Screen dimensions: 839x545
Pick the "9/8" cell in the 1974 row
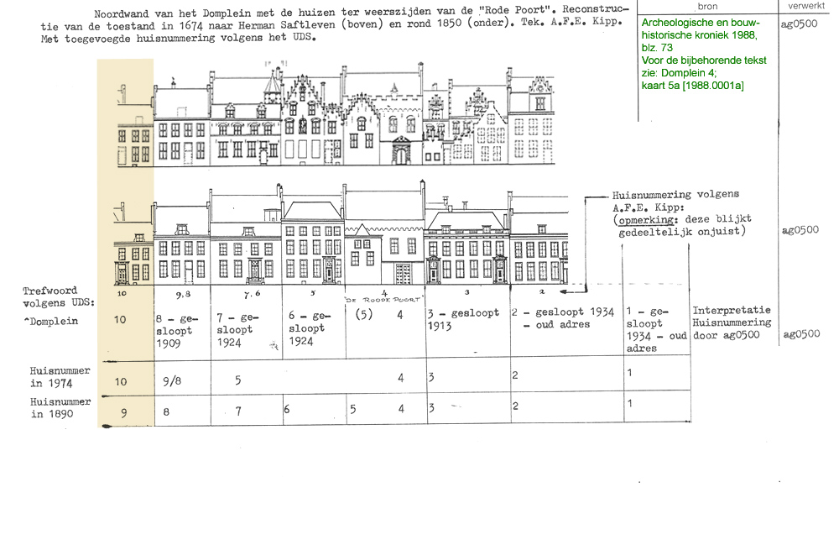pos(172,381)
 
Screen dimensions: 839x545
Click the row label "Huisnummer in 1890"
pos(60,408)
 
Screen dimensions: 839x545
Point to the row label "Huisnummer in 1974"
pos(60,377)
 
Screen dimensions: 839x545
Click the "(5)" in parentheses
pos(364,314)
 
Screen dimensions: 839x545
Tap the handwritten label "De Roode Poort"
pos(383,300)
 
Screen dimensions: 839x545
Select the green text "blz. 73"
pos(657,48)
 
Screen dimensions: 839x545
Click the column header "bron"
pos(707,7)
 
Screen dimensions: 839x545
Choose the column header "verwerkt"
pos(805,6)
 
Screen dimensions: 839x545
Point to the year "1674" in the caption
pos(190,26)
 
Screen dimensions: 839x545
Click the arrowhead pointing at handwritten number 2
pos(564,291)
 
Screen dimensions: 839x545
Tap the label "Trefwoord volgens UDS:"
pos(59,296)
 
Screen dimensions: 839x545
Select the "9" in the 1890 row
pos(123,413)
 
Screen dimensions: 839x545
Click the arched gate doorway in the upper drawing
pos(401,153)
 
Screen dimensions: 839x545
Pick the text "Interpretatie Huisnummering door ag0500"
pos(732,322)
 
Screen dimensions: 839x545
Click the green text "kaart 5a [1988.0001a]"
pos(692,86)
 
